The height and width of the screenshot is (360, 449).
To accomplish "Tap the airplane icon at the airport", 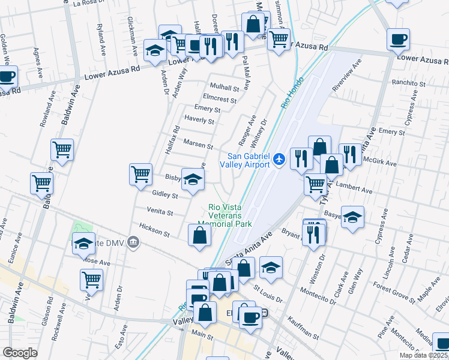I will [279, 160].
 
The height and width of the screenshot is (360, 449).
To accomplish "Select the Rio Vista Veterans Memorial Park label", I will [229, 215].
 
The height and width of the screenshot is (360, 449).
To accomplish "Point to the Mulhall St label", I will [224, 87].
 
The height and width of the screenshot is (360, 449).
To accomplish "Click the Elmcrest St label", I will [221, 97].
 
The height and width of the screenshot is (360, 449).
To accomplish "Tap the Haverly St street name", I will [200, 120].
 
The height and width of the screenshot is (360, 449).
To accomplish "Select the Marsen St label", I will [198, 145].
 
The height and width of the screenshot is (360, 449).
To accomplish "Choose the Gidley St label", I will [165, 195].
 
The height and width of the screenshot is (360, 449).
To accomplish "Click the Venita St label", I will [161, 212].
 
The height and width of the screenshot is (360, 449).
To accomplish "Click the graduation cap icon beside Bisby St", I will [193, 179].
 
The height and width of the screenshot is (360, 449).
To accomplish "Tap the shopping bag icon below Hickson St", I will [199, 236].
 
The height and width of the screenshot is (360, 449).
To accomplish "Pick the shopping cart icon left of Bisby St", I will [140, 175].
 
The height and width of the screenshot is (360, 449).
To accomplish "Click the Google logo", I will [20, 353].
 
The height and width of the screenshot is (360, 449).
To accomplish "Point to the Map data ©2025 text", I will [424, 355].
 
